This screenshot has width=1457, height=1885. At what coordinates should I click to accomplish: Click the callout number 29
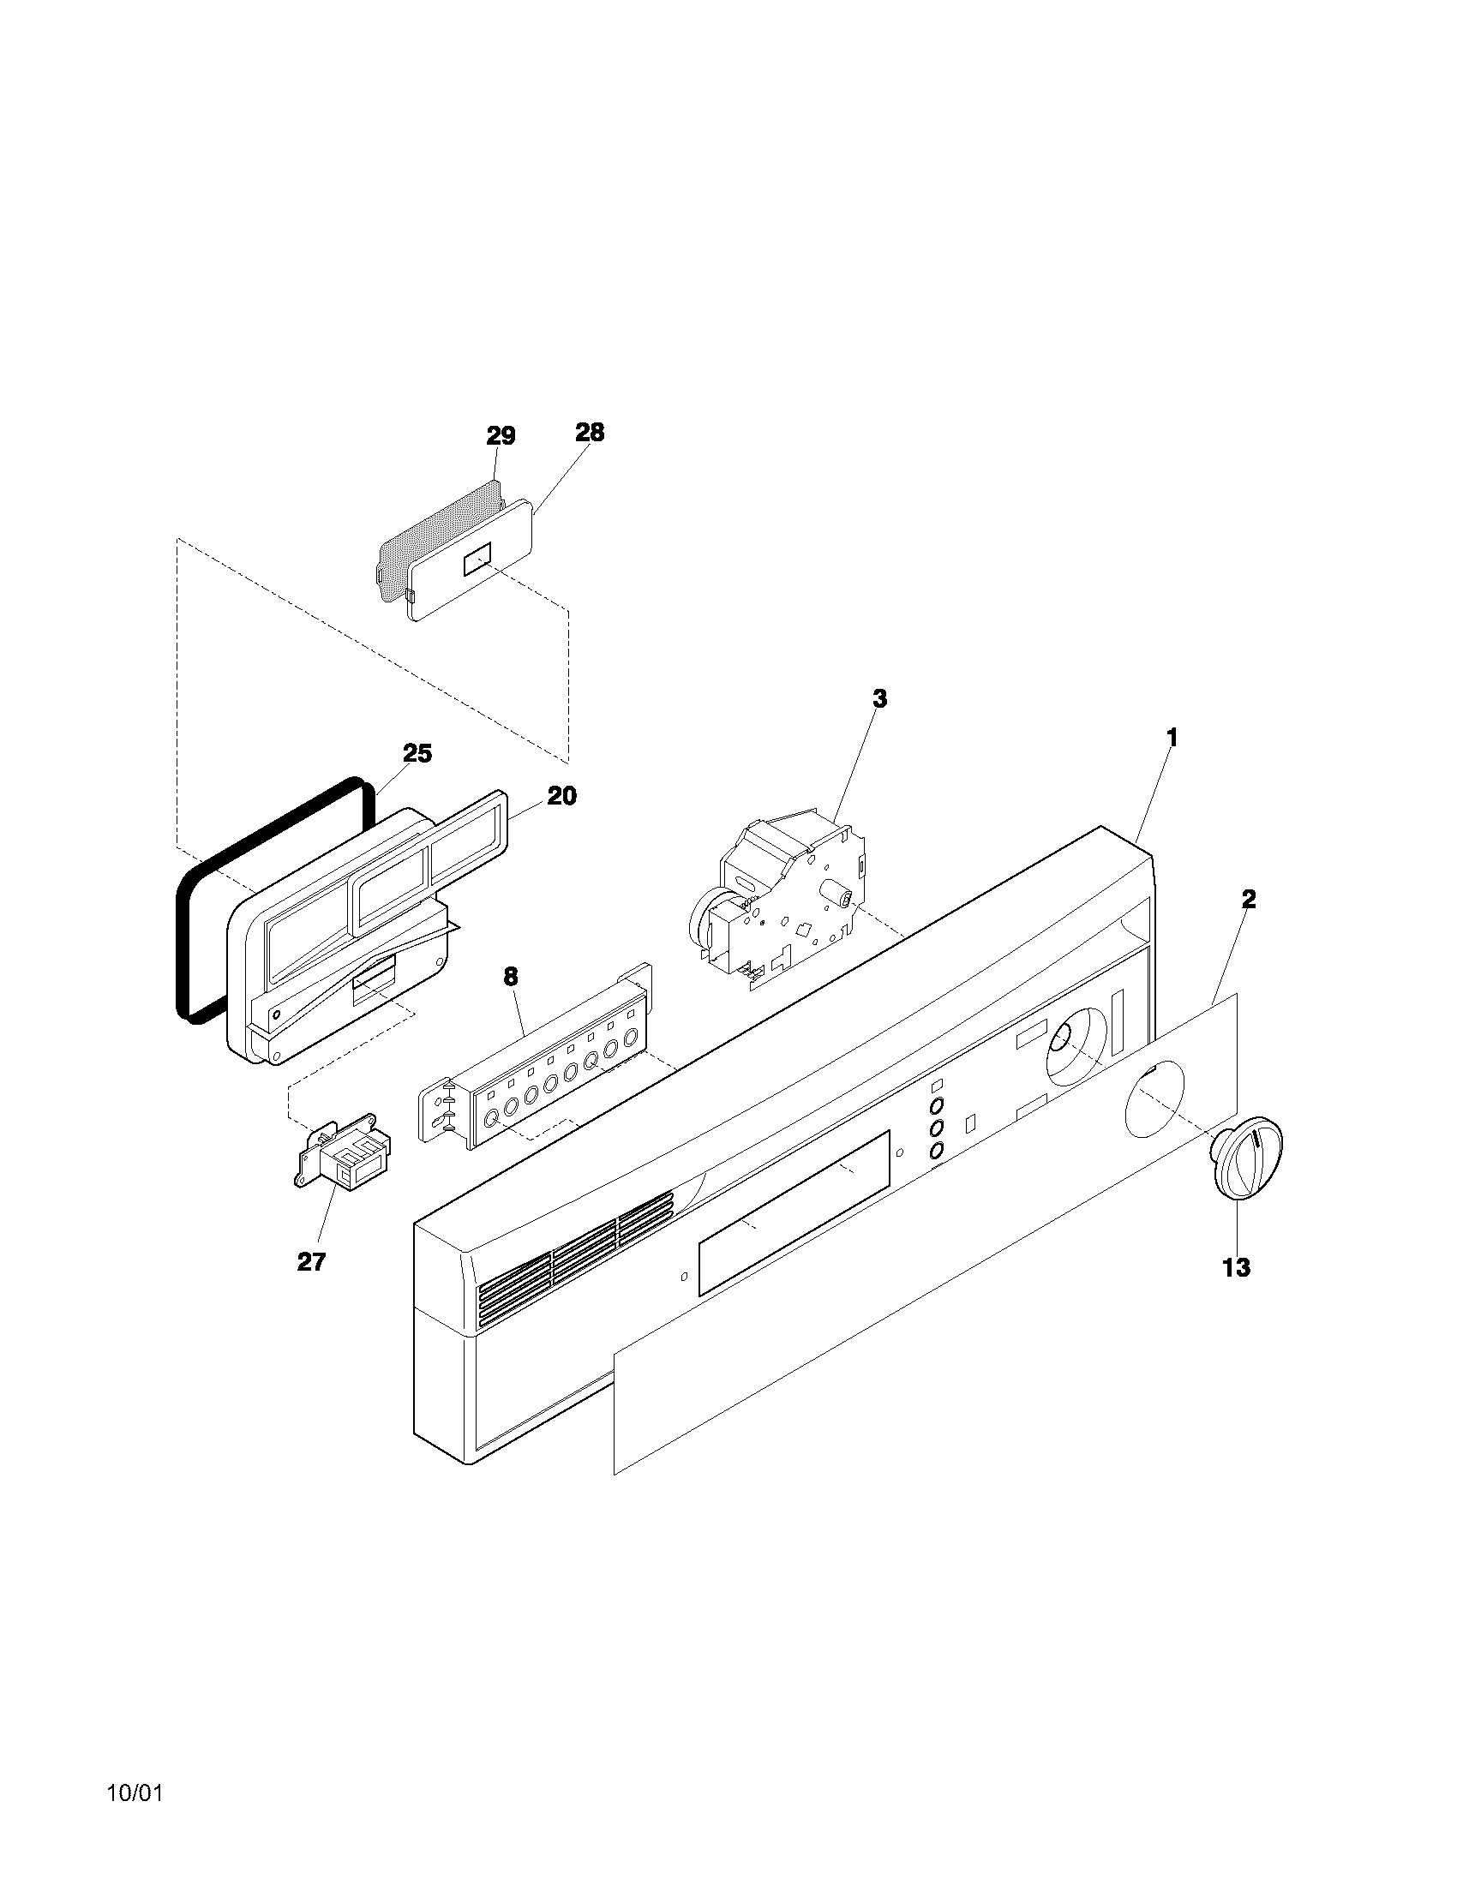click(501, 436)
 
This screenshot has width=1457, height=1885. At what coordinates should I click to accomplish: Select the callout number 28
click(590, 433)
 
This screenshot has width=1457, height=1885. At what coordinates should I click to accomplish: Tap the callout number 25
click(417, 753)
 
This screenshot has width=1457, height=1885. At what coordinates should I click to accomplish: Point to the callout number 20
click(561, 796)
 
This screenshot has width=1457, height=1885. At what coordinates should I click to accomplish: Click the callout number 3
click(878, 699)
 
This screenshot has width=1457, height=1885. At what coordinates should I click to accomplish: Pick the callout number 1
click(1172, 738)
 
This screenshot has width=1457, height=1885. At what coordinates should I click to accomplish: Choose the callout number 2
click(1248, 900)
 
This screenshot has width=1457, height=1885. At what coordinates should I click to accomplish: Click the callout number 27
click(311, 1262)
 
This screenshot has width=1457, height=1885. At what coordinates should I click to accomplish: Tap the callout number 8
click(511, 977)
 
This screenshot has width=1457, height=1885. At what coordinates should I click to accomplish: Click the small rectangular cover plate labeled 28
click(471, 557)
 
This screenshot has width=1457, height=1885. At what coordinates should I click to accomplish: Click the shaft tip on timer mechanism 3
click(847, 898)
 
